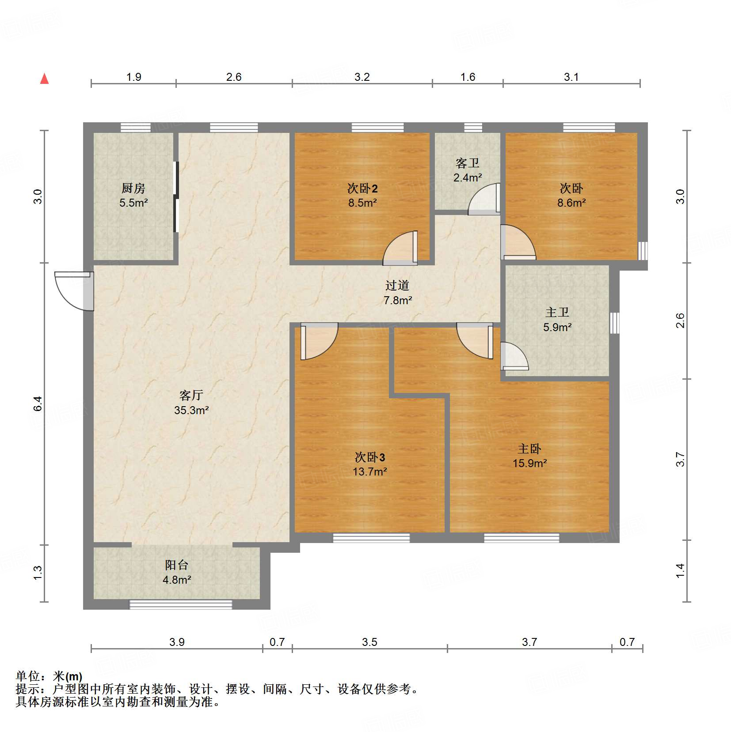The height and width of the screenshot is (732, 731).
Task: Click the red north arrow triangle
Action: (x=44, y=79)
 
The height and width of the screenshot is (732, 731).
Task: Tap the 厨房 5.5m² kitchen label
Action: (x=133, y=195)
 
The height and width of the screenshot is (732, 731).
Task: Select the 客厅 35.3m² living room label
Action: (x=191, y=402)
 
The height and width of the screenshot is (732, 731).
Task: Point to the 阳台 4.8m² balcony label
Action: (x=176, y=572)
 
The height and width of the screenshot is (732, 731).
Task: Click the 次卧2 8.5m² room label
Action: (x=362, y=195)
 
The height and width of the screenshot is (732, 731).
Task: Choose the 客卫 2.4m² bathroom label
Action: (x=467, y=170)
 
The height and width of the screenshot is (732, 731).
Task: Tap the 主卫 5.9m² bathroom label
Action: (x=557, y=319)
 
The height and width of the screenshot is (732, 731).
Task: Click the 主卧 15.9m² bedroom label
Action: (x=529, y=456)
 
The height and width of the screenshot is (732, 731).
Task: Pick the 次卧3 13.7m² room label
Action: (x=369, y=464)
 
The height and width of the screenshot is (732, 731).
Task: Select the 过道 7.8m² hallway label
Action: (x=397, y=292)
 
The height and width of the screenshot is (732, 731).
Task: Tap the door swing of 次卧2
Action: (x=400, y=250)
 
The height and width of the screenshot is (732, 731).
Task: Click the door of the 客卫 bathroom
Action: (x=484, y=200)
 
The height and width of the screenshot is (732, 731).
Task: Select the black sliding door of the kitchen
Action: (x=176, y=197)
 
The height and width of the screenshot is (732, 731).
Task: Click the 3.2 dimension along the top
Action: (x=362, y=77)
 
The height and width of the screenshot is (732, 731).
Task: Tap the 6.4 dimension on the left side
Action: (x=38, y=404)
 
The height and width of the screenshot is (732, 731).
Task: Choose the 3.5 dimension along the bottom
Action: (x=369, y=642)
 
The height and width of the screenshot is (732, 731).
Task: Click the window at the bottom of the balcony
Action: (x=180, y=604)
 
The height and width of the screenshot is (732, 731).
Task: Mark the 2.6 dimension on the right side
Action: (x=680, y=321)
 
